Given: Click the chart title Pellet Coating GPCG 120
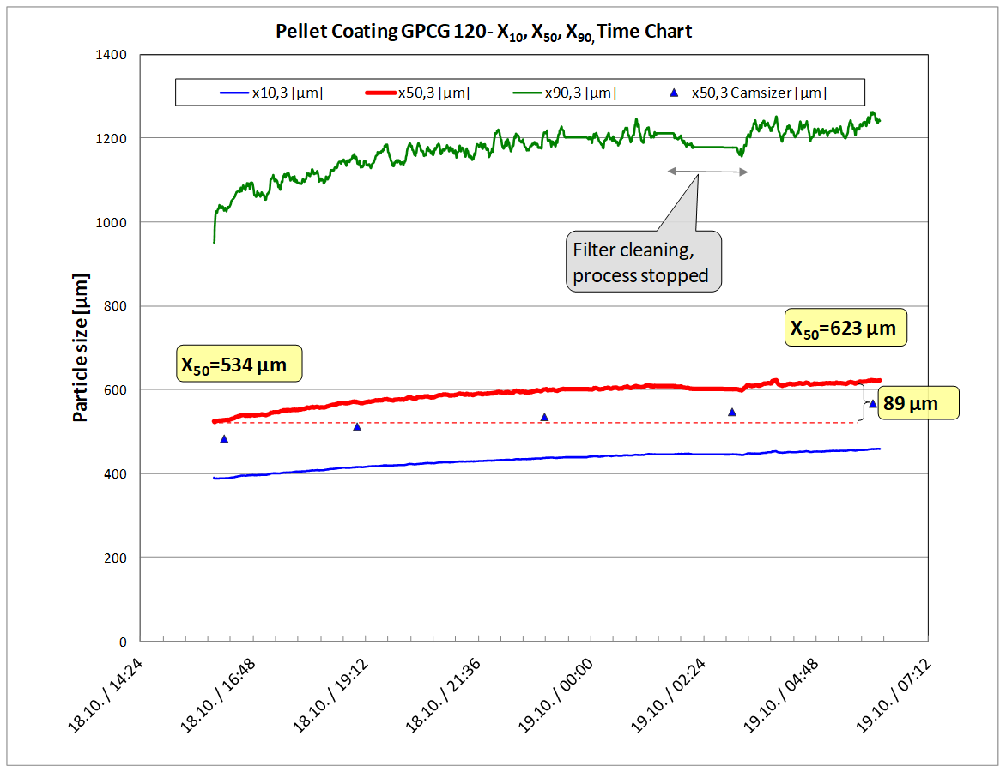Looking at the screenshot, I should pos(483,33).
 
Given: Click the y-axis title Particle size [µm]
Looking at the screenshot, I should pos(81,348).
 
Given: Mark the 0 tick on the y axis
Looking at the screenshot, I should pos(122,642).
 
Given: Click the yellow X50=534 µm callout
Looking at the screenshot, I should pos(239,365).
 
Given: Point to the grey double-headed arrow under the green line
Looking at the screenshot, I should pos(708,172).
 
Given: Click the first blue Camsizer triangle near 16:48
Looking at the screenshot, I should pos(224,439).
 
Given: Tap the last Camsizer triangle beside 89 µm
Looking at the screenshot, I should pos(873,404).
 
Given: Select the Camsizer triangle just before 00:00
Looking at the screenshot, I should pos(544,418).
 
